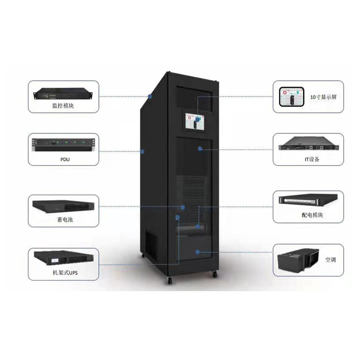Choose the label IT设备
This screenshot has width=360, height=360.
click(311, 159)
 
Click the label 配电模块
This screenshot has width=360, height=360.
click(312, 215)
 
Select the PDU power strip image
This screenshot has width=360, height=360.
click(63, 144)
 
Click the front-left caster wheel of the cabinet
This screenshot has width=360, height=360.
click(170, 281)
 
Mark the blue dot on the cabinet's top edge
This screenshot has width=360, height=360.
click(150, 96)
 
